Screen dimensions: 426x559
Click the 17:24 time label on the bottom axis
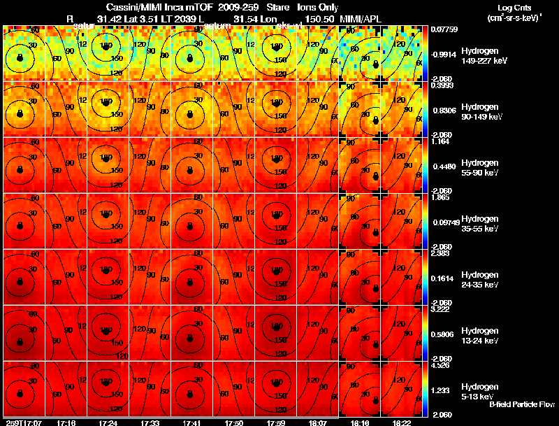click(x=107, y=422)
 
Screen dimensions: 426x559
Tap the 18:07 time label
click(x=318, y=422)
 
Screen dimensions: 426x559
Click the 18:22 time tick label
click(x=401, y=422)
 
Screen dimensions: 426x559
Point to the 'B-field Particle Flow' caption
click(x=521, y=405)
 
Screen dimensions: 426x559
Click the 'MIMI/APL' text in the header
click(x=357, y=19)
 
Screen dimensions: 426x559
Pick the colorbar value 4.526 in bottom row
click(x=439, y=364)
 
